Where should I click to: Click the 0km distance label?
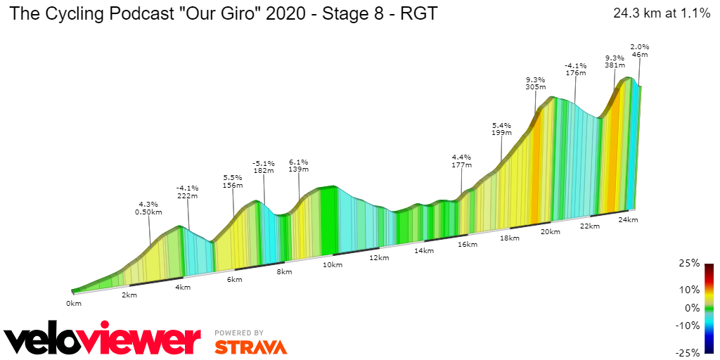click(x=74, y=303)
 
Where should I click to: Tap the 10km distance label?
click(x=333, y=264)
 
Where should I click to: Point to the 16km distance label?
click(x=467, y=245)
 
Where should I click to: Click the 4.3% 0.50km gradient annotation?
click(x=150, y=207)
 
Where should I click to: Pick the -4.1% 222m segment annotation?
click(x=188, y=192)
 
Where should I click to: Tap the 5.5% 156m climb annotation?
click(x=233, y=181)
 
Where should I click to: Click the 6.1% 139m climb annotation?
click(x=299, y=166)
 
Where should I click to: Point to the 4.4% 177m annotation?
click(x=461, y=161)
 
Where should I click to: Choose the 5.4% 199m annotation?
click(x=501, y=128)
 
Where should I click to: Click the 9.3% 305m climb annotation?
click(x=535, y=84)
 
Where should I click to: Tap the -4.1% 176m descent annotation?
click(x=575, y=69)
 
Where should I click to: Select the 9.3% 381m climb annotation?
click(x=615, y=61)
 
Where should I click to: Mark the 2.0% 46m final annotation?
click(x=639, y=50)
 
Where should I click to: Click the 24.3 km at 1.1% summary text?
click(x=662, y=13)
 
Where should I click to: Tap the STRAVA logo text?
click(x=250, y=347)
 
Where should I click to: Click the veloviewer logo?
click(x=102, y=341)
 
